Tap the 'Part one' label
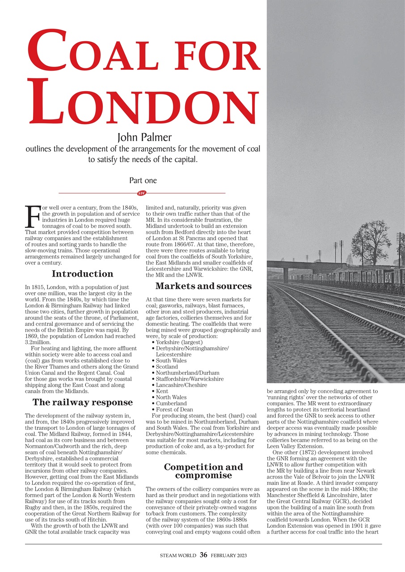(x=143, y=181)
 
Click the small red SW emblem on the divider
(x=142, y=193)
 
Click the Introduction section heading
(x=82, y=274)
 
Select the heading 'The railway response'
(x=82, y=402)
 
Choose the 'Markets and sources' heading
(x=203, y=286)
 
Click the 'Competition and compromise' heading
(x=203, y=471)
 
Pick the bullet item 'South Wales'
(x=171, y=361)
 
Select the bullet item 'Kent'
(x=162, y=391)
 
